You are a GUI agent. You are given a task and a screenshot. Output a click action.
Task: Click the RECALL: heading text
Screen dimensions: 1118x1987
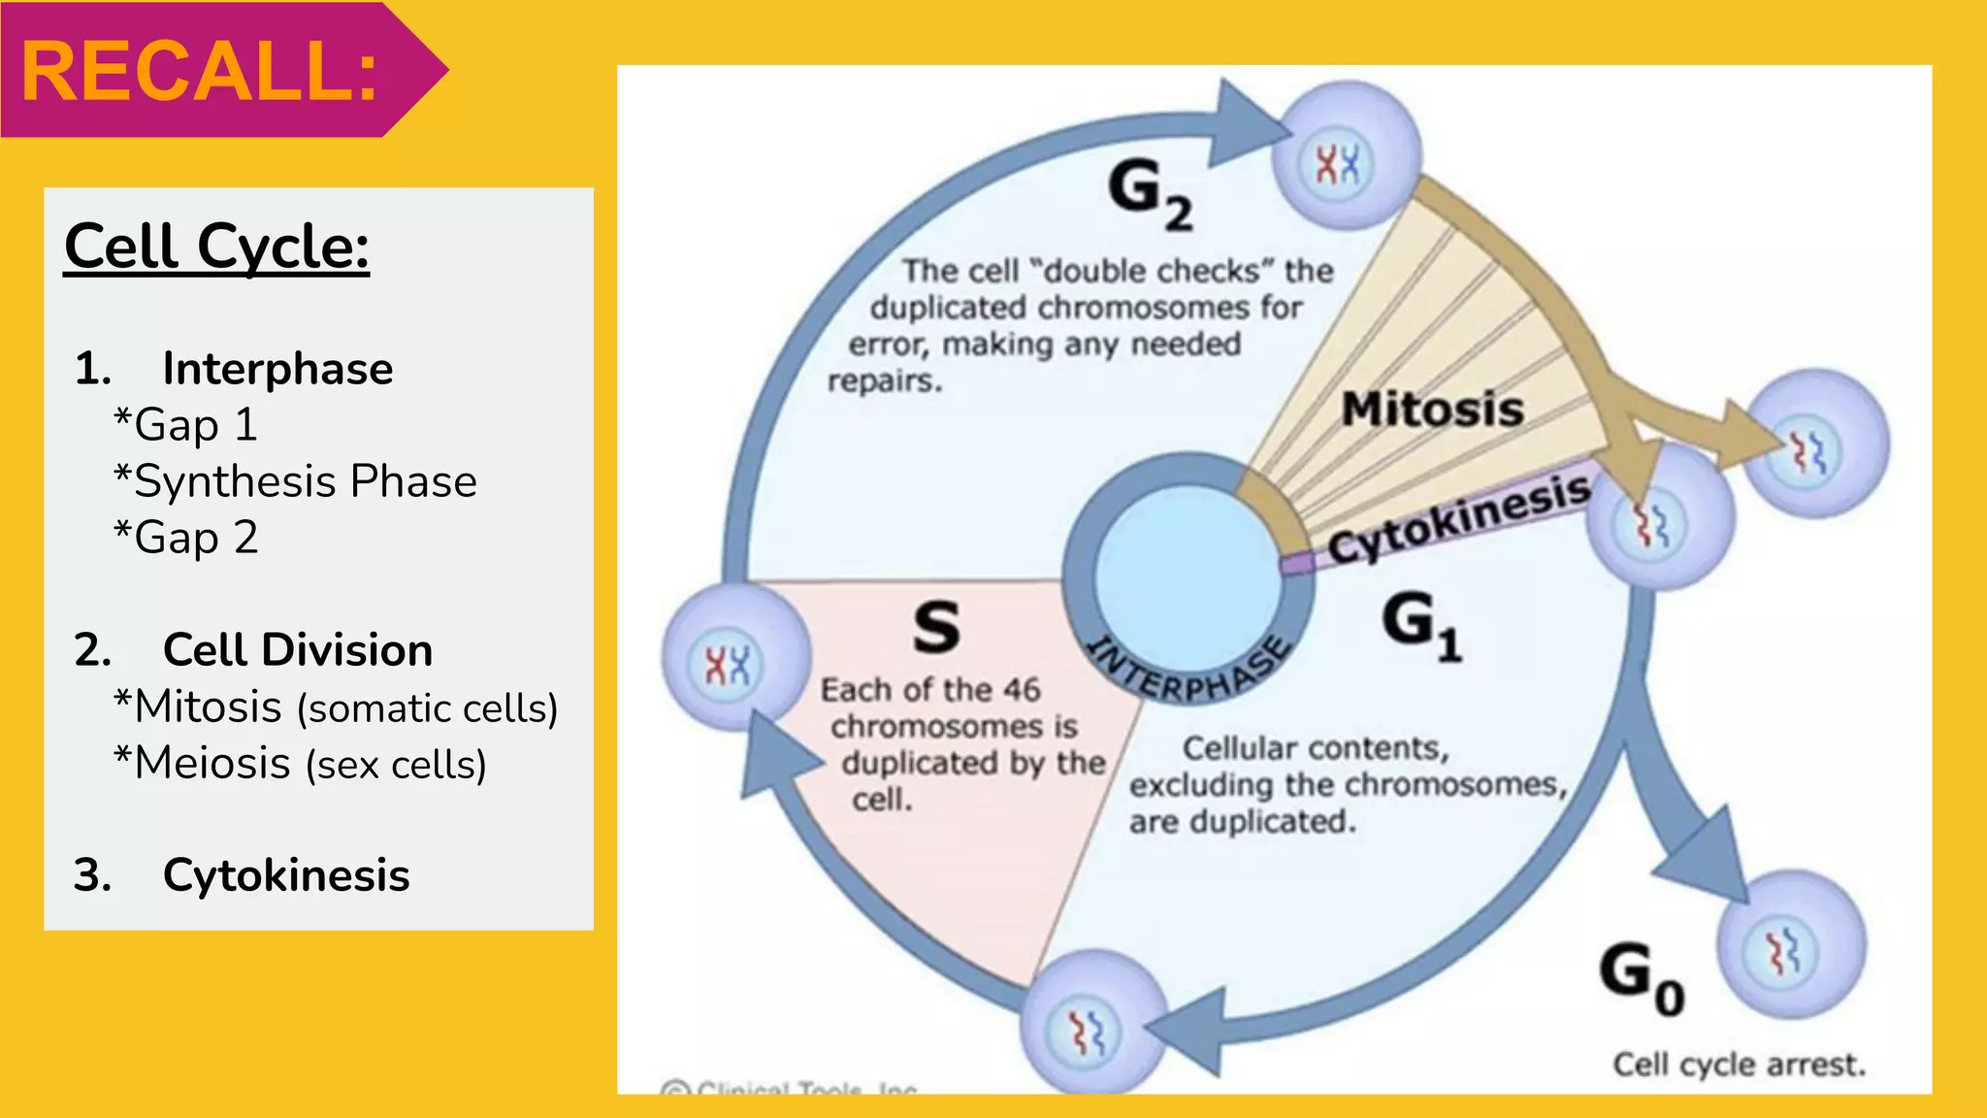(200, 72)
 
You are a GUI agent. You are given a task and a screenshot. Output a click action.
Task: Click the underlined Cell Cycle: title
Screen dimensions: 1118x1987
(216, 247)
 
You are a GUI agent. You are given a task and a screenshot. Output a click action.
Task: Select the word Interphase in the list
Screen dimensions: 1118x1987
(277, 369)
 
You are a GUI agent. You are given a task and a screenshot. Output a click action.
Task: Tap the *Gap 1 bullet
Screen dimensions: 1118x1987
(186, 425)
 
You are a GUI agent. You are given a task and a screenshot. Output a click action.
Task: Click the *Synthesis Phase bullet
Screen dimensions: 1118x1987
(296, 481)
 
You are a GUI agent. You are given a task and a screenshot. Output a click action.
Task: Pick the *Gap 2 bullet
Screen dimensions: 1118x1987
(186, 538)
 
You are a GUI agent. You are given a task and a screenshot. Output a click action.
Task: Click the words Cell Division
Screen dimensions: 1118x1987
(297, 650)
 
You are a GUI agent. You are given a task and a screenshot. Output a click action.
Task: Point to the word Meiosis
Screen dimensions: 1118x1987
(212, 764)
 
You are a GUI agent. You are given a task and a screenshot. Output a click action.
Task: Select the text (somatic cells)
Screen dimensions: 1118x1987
(428, 708)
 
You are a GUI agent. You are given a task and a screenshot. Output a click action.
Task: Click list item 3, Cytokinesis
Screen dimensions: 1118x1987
(285, 875)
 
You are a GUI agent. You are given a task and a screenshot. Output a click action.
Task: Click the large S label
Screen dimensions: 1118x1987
(936, 627)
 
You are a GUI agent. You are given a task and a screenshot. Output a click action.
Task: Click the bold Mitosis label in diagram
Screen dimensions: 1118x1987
(1432, 409)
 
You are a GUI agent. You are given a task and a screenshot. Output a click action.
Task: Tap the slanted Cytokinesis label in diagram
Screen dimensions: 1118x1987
(1458, 518)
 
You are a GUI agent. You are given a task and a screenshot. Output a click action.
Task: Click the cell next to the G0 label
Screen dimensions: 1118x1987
(1790, 945)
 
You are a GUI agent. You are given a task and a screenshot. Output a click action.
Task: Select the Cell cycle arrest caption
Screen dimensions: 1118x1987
(1739, 1065)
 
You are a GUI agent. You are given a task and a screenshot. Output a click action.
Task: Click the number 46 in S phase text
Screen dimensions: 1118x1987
(1022, 690)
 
